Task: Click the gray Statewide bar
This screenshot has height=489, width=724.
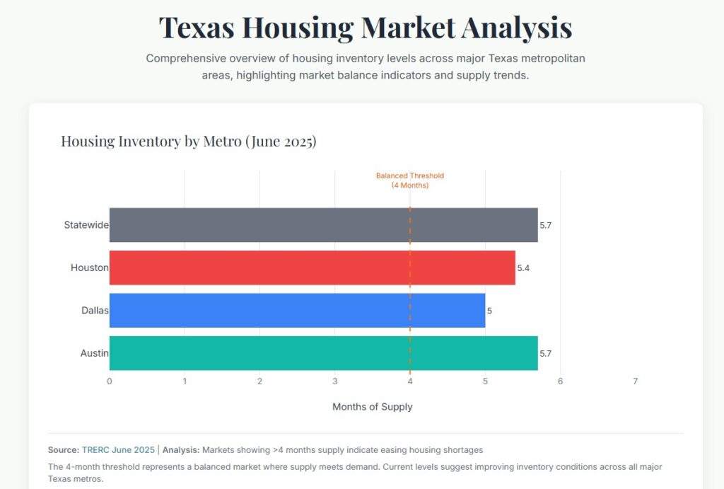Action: click(x=323, y=225)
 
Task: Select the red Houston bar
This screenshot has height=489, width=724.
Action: click(x=312, y=267)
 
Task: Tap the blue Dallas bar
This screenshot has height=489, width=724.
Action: click(x=297, y=310)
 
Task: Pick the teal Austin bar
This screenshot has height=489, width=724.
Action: click(x=323, y=353)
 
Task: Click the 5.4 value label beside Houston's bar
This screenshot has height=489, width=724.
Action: click(x=524, y=268)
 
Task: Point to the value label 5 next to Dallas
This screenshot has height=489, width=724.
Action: click(x=489, y=311)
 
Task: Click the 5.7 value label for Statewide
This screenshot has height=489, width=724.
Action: click(x=545, y=226)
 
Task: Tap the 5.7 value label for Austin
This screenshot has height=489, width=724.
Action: click(x=545, y=353)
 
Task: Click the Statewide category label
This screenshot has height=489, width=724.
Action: click(x=86, y=225)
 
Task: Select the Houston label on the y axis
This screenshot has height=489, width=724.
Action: click(x=89, y=267)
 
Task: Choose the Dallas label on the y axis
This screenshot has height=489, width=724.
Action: click(x=95, y=310)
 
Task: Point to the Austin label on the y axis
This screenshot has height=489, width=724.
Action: click(x=94, y=353)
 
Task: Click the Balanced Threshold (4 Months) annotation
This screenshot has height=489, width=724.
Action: click(x=410, y=180)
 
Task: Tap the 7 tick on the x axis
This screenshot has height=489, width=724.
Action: click(x=635, y=381)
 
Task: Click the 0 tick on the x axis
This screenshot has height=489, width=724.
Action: click(x=110, y=381)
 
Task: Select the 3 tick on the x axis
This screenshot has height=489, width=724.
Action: click(x=335, y=381)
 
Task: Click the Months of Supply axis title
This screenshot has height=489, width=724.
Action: click(x=372, y=407)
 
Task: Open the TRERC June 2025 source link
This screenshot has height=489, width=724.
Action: click(x=118, y=450)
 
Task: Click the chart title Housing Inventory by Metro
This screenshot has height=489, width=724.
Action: click(x=188, y=142)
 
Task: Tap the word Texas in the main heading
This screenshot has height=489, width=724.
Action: click(x=197, y=28)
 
